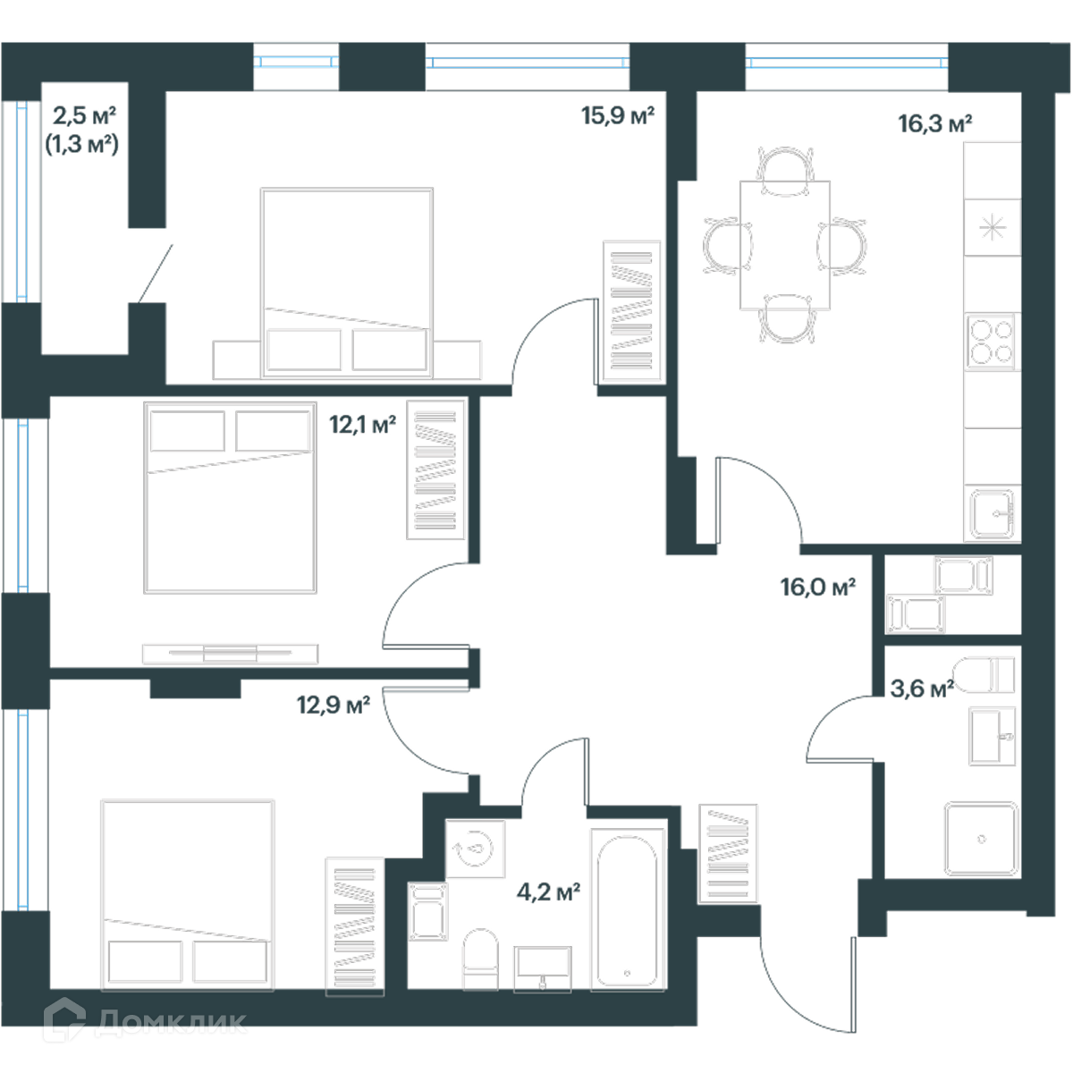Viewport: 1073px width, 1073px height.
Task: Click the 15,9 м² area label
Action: pos(618,116)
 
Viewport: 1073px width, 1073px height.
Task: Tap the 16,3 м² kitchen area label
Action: pos(935,124)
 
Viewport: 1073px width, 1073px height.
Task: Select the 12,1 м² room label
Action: pos(362,426)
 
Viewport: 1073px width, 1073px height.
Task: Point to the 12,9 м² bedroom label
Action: pos(333,705)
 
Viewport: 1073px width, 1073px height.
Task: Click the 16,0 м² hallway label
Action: pos(817,587)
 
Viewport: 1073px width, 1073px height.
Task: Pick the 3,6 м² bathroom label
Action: pos(922,689)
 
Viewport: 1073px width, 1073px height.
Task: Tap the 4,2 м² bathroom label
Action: pos(548,892)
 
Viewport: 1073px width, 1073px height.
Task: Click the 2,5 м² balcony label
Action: pos(84,116)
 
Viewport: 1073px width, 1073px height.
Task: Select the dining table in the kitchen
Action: pos(784,245)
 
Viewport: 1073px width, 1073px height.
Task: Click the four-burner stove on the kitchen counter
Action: pos(992,342)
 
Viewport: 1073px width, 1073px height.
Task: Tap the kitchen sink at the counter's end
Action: pos(992,514)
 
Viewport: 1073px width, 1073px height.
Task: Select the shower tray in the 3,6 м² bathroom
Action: pos(981,839)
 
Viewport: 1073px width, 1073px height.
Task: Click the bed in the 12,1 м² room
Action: pos(230,498)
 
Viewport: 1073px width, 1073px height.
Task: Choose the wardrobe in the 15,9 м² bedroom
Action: pos(632,312)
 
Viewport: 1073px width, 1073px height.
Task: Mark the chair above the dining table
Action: pos(785,172)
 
